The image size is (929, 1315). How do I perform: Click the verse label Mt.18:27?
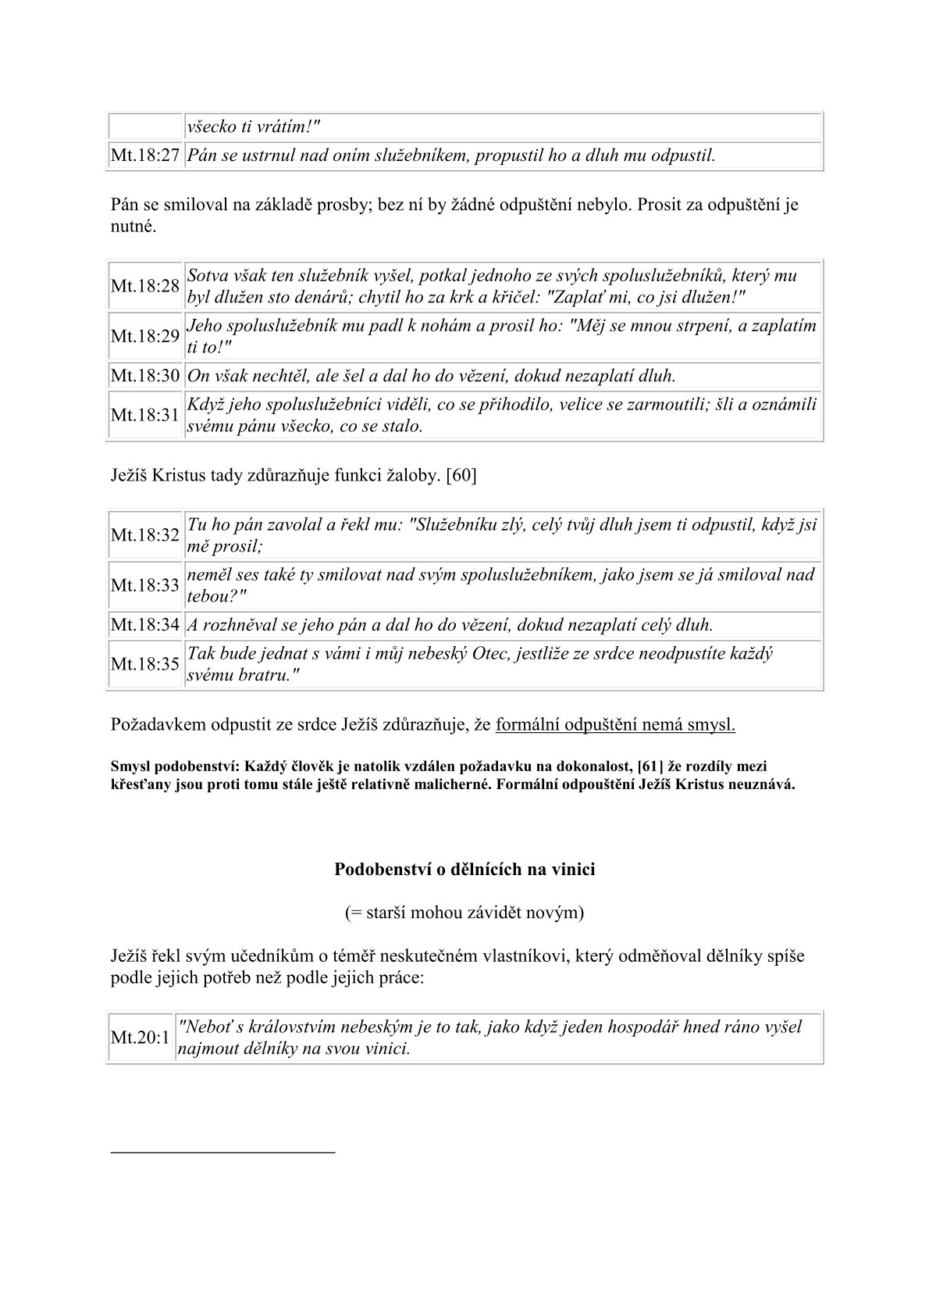[x=145, y=155]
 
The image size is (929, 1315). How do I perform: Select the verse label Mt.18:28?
[x=145, y=286]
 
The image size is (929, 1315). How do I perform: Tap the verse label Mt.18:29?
[x=145, y=337]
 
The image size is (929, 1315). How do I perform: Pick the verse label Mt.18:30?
[x=145, y=376]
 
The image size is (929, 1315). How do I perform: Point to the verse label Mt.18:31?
[x=145, y=415]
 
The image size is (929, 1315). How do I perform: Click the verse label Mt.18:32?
[x=145, y=535]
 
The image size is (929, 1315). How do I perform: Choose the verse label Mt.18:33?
[x=145, y=585]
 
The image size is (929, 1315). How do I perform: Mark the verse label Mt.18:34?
[x=145, y=625]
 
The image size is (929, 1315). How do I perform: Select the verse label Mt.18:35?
[x=145, y=664]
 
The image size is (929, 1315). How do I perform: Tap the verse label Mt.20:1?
[x=141, y=1038]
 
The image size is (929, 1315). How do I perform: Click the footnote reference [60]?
[x=461, y=476]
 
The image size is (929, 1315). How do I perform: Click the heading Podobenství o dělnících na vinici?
[x=464, y=869]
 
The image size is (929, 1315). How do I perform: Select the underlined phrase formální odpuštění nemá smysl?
[x=615, y=724]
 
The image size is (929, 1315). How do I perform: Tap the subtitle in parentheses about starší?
[x=464, y=912]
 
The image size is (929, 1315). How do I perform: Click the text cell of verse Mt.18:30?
[x=432, y=376]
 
